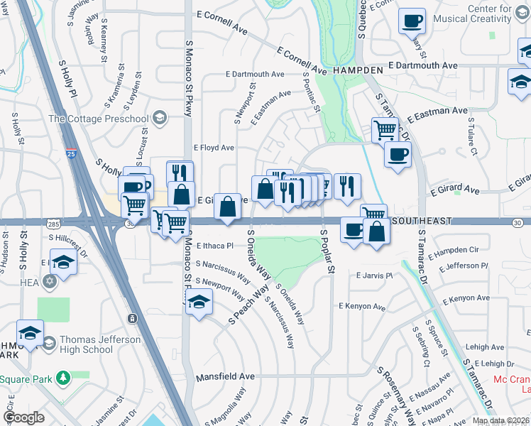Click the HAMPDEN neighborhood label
pos(355,72)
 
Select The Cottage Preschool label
pos(98,119)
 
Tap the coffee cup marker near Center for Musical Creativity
pos(412,21)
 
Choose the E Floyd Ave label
pos(214,148)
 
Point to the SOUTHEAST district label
pos(420,222)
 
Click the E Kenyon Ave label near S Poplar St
pos(362,307)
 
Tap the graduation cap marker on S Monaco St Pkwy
pos(199,301)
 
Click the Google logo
pos(23,417)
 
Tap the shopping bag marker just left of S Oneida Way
pos(227,207)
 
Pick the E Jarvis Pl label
pos(375,275)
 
